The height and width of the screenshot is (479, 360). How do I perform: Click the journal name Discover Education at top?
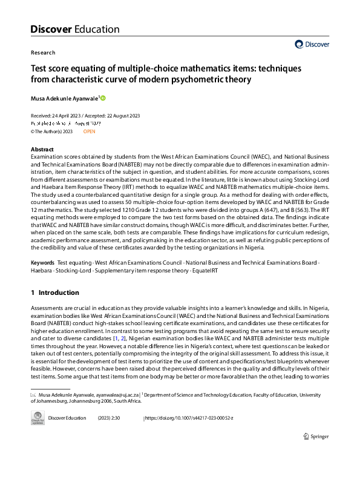click(x=74, y=29)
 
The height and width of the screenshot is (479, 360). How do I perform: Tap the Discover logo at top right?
click(x=312, y=44)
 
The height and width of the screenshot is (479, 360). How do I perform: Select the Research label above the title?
click(x=42, y=53)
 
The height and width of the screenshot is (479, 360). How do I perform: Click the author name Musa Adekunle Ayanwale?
click(x=65, y=98)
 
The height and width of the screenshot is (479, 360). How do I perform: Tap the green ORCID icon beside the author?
click(x=103, y=97)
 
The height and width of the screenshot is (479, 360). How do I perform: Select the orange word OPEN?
click(x=90, y=131)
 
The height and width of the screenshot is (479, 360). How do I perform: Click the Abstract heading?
click(x=42, y=149)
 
